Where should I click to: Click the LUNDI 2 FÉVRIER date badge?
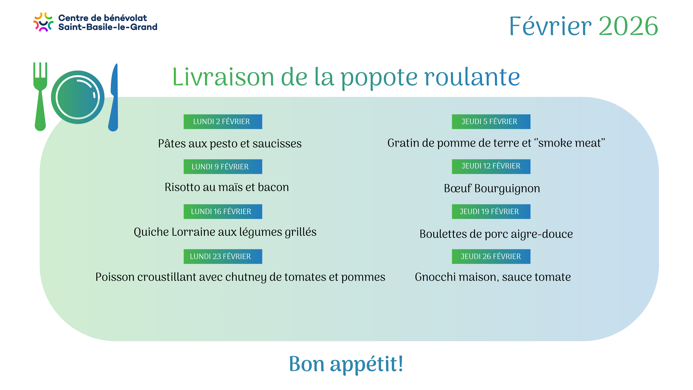coord(223,122)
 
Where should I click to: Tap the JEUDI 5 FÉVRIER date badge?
coord(491,122)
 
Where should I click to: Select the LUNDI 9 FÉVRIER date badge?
coord(223,167)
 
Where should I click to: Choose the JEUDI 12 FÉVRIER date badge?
coord(491,167)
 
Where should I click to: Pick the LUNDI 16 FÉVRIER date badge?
coord(223,212)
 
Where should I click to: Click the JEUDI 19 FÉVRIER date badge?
coord(491,212)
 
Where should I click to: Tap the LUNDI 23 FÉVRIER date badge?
coord(223,256)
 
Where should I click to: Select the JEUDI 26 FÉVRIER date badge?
coord(491,256)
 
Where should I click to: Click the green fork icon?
coord(40,108)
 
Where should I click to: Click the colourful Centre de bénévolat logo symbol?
coord(43,22)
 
